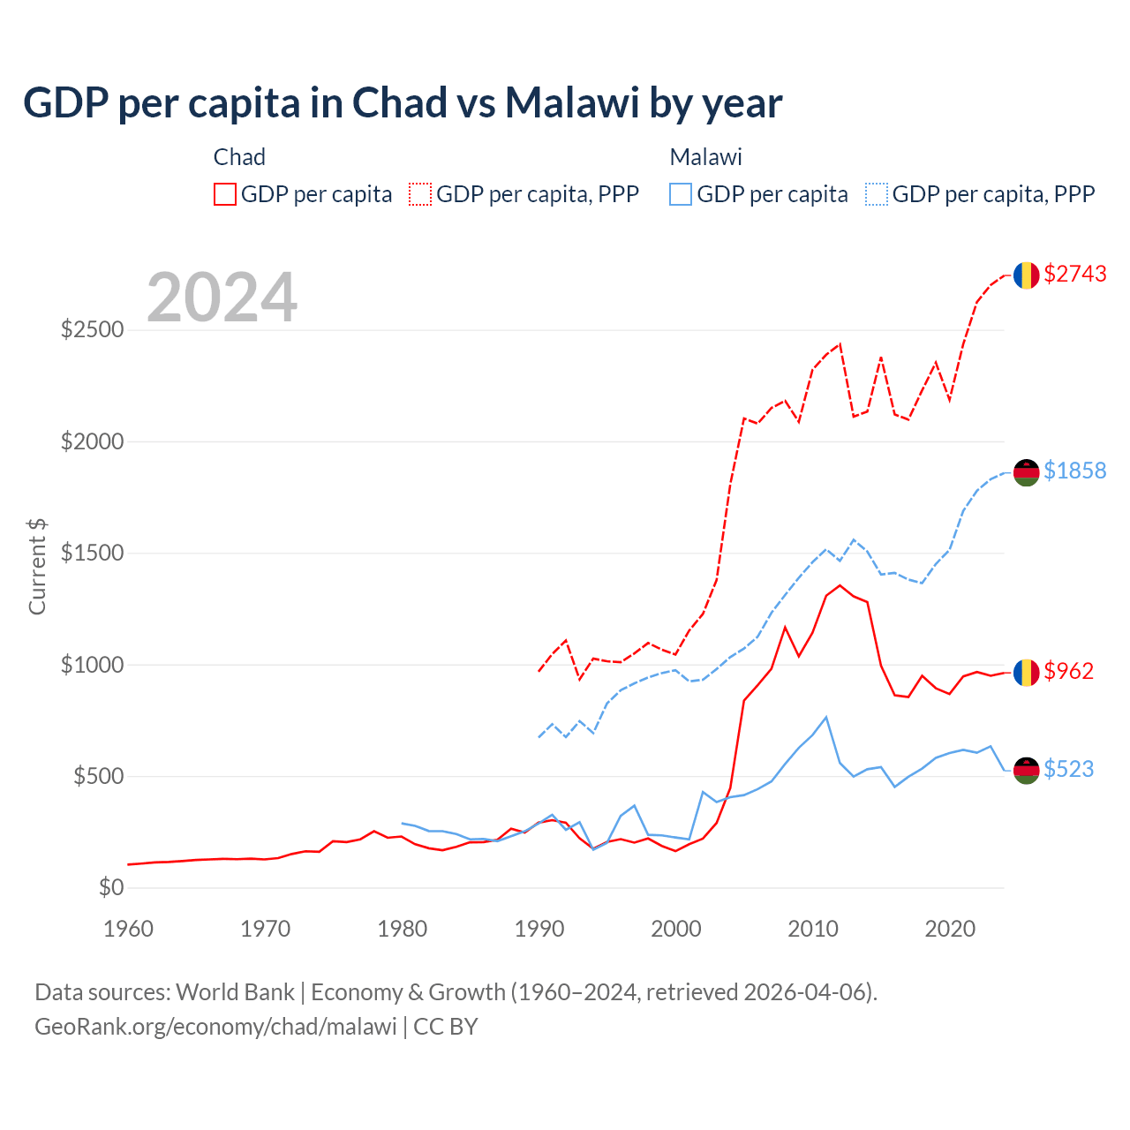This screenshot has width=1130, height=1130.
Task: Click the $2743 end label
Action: (1074, 275)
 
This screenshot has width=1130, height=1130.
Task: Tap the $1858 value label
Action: (1074, 471)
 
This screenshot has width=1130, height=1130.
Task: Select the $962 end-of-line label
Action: (1068, 671)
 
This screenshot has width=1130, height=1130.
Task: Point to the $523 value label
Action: (1068, 769)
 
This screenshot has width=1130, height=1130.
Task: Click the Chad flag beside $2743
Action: (1025, 275)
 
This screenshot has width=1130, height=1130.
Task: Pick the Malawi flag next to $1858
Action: (1025, 472)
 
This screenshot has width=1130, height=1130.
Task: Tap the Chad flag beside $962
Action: (1025, 673)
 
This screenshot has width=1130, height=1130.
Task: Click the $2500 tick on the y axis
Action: (92, 330)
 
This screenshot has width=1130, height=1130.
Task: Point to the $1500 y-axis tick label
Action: (92, 554)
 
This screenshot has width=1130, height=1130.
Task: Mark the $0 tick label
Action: (110, 887)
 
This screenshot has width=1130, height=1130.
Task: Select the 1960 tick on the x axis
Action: (129, 929)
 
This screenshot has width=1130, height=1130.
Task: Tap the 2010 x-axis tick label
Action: (813, 929)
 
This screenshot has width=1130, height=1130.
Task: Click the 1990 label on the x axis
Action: (539, 929)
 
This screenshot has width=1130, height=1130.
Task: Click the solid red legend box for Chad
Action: (225, 194)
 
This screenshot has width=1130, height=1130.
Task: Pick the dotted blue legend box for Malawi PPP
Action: (877, 194)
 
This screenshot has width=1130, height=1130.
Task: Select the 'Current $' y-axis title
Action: (37, 566)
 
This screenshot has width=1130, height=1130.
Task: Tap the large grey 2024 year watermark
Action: (222, 298)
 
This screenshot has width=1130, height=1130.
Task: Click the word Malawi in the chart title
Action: (571, 102)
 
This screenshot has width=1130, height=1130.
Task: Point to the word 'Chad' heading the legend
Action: (239, 157)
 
